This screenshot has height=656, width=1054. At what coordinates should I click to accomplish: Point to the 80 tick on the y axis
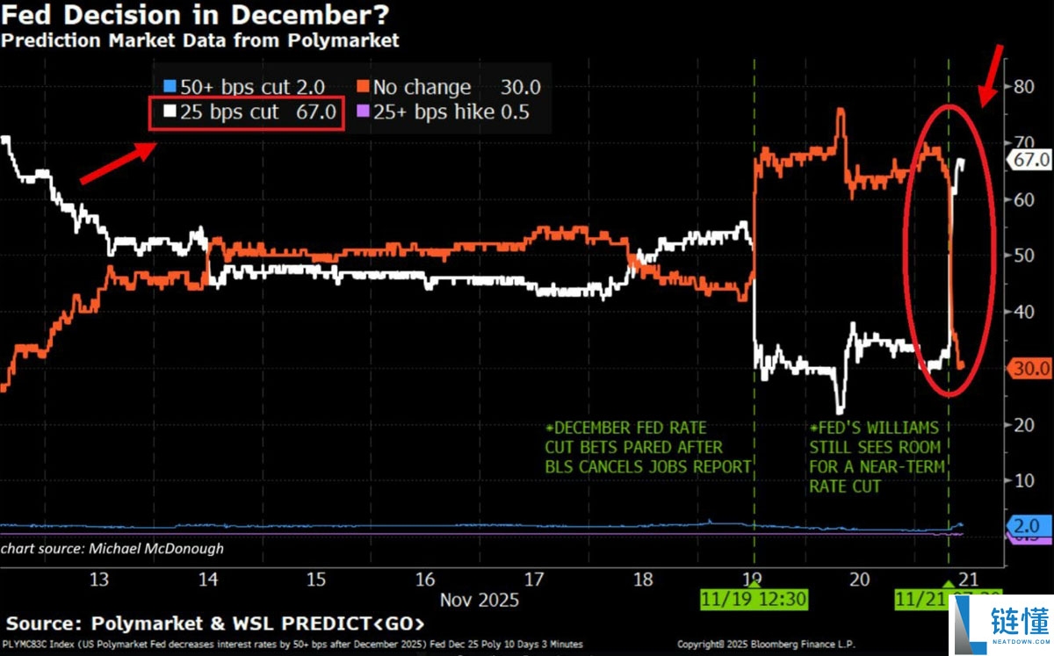point(1021,86)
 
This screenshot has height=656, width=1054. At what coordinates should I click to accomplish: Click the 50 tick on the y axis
point(1021,256)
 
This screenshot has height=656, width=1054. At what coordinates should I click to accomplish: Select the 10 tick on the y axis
point(1021,480)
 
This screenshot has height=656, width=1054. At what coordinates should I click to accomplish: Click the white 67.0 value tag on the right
point(1030,160)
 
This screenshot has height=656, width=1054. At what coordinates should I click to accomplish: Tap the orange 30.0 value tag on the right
point(1030,368)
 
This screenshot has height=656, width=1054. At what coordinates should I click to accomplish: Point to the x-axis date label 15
point(317,579)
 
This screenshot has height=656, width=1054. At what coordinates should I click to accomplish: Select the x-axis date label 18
point(644,579)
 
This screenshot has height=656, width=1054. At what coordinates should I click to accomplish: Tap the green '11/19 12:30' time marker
point(754,600)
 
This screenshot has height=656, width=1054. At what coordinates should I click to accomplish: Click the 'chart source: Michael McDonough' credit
point(112,548)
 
